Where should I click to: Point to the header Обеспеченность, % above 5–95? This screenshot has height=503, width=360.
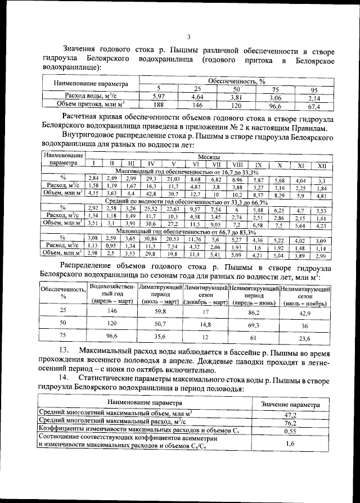(x=236, y=81)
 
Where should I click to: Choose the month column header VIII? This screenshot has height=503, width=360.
(x=236, y=164)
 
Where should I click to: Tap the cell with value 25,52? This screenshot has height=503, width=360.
(x=151, y=209)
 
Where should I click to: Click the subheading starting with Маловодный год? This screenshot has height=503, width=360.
(x=187, y=230)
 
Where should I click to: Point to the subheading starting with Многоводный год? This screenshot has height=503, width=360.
(x=187, y=171)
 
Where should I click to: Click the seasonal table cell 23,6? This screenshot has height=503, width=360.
(x=305, y=338)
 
